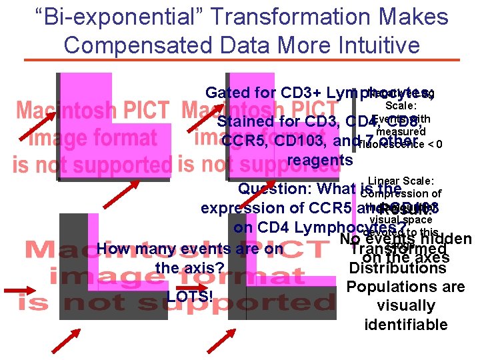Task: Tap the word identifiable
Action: (x=405, y=325)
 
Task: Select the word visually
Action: (x=405, y=306)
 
